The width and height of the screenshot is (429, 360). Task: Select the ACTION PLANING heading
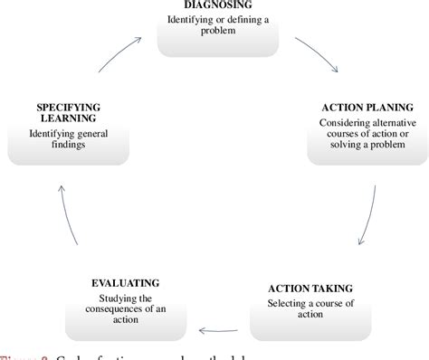[x=367, y=106]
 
